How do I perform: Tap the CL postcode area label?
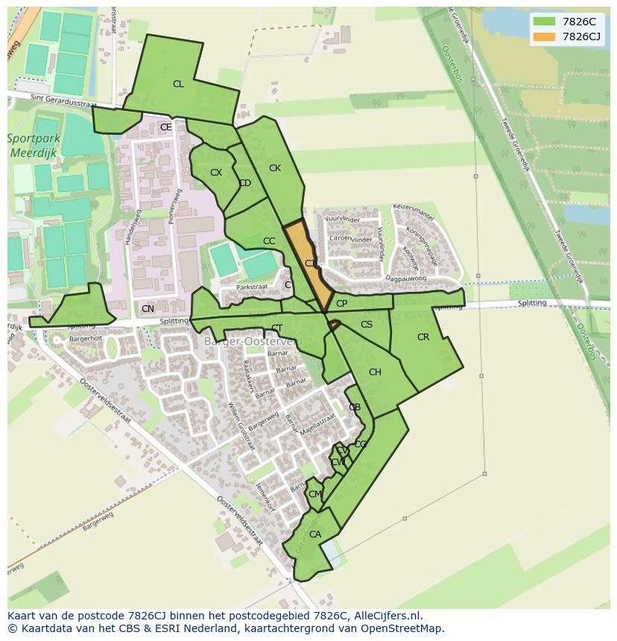click(178, 84)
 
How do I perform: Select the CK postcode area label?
click(275, 168)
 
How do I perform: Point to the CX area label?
click(216, 173)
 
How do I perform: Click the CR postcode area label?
click(423, 337)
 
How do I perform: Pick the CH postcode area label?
click(375, 372)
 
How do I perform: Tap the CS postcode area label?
click(367, 325)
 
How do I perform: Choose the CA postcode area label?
click(315, 535)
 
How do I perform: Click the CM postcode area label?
click(315, 494)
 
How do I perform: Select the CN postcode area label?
click(148, 309)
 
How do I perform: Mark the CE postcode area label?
click(166, 127)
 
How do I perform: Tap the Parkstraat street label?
click(251, 287)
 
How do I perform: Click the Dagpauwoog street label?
click(406, 278)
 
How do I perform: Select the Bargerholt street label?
click(85, 338)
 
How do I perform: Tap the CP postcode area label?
click(341, 304)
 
